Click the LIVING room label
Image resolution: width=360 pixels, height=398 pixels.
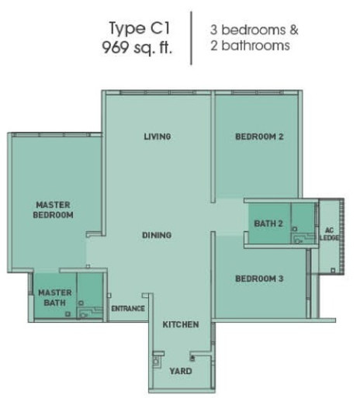[157, 137]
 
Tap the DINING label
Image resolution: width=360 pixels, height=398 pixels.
[157, 235]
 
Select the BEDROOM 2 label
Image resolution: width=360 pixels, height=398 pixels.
[259, 137]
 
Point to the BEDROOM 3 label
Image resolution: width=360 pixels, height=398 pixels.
[259, 279]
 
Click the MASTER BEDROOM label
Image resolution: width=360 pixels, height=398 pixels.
[54, 209]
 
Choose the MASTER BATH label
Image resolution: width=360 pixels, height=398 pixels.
[55, 298]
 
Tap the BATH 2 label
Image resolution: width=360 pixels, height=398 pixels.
[268, 223]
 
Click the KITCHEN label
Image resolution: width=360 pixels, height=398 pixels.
[181, 324]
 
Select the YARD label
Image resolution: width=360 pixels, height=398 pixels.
[181, 371]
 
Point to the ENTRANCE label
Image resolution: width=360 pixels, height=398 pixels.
[128, 309]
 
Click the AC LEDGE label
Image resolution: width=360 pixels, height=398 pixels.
[329, 234]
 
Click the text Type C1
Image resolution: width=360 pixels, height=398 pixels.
[139, 28]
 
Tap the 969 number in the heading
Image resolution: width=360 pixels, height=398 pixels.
[116, 47]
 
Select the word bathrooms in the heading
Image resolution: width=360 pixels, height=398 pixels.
[255, 46]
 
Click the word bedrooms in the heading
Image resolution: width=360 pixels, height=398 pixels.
[254, 30]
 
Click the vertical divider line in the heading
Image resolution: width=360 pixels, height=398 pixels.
[192, 38]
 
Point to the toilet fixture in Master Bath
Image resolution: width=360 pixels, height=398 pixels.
[84, 315]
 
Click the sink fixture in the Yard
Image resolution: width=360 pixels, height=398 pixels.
[156, 360]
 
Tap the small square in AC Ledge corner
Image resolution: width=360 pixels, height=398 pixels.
[333, 271]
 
